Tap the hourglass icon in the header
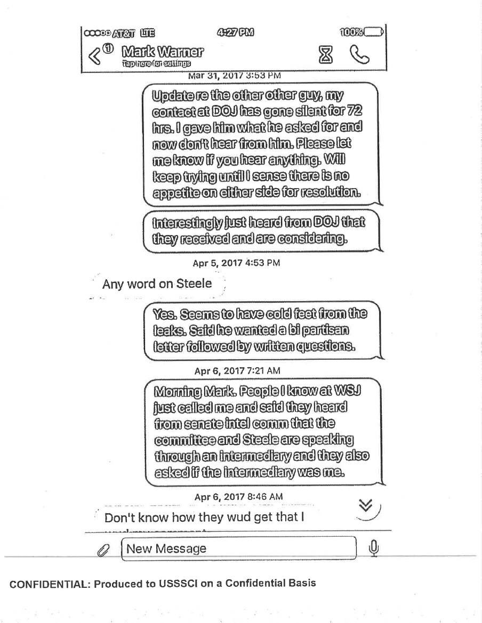pyautogui.click(x=325, y=54)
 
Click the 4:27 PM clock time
pyautogui.click(x=235, y=33)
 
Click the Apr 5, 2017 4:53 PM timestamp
pyautogui.click(x=236, y=263)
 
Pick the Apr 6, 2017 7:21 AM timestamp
pyautogui.click(x=237, y=370)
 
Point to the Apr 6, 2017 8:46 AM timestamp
pyautogui.click(x=238, y=497)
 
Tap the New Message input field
pyautogui.click(x=239, y=548)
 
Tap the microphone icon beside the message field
pyautogui.click(x=374, y=547)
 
